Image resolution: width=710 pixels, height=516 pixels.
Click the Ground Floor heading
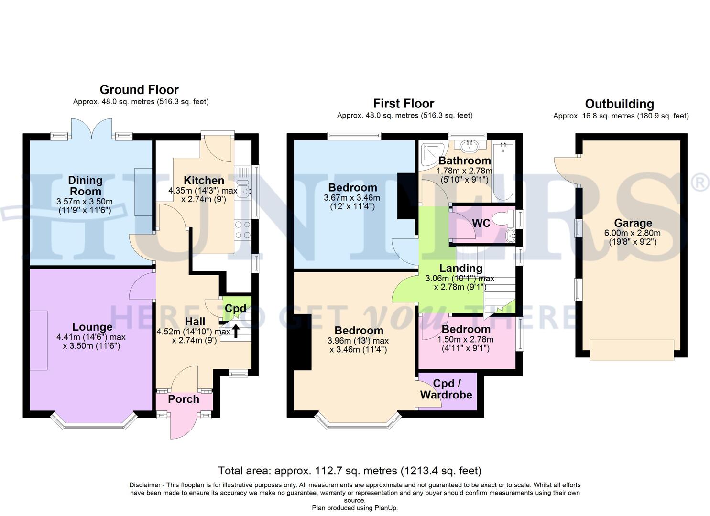pyautogui.click(x=139, y=90)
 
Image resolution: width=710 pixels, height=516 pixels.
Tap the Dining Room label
pyautogui.click(x=85, y=185)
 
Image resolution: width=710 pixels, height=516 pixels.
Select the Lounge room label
pyautogui.click(x=92, y=327)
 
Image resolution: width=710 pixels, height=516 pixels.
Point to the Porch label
pyautogui.click(x=184, y=399)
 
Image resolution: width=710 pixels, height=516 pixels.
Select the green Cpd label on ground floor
pyautogui.click(x=235, y=309)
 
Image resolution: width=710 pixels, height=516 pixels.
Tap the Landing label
pyautogui.click(x=461, y=268)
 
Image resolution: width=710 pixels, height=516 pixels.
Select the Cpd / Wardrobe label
pyautogui.click(x=446, y=389)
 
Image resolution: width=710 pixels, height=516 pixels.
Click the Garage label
pyautogui.click(x=633, y=223)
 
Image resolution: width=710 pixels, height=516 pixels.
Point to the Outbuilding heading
pyautogui.click(x=619, y=104)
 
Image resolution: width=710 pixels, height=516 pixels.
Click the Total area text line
pyautogui.click(x=350, y=471)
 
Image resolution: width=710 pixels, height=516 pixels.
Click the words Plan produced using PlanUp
pyautogui.click(x=355, y=508)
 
